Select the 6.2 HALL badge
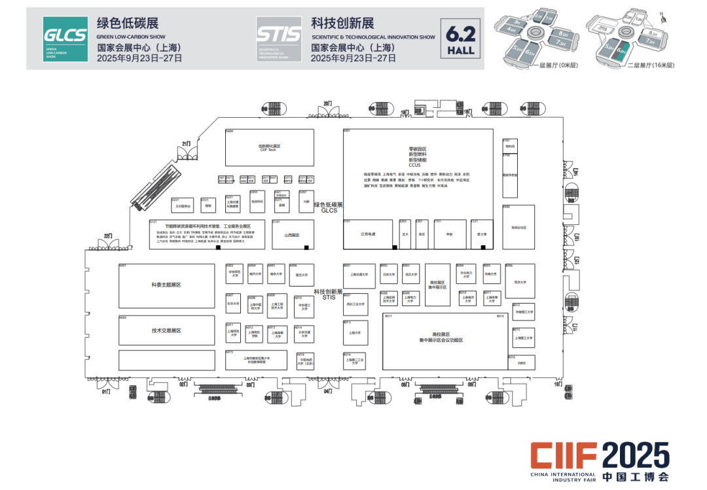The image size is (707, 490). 461,39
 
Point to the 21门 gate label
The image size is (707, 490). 187,143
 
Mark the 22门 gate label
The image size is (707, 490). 108,236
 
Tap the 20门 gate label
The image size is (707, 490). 328,105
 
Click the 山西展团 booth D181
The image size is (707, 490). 291,234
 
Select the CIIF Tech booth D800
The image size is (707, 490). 269,148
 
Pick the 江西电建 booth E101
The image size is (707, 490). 368,234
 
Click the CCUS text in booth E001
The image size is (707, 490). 417,166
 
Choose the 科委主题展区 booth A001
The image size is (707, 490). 166,285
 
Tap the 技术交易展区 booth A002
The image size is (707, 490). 166,330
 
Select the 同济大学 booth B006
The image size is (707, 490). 520,282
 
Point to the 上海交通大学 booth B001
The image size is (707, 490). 355,275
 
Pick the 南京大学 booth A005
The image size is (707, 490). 276,274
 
